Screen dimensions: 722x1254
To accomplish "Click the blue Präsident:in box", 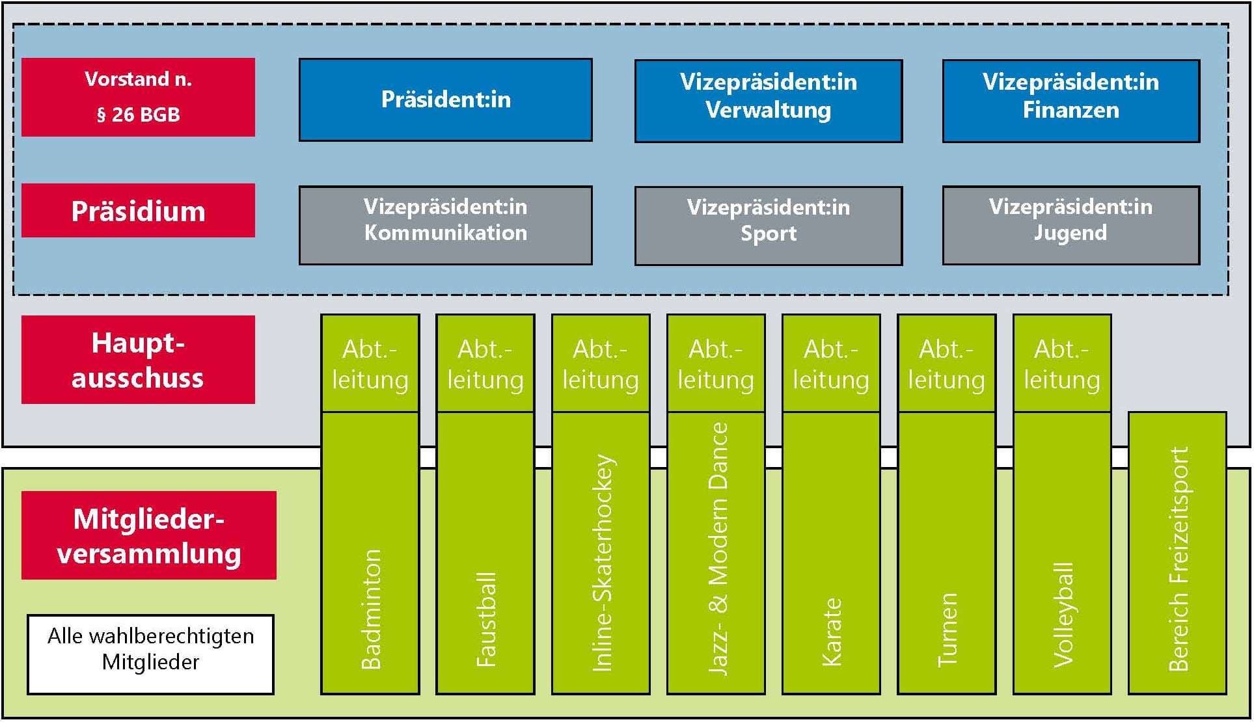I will [x=446, y=100].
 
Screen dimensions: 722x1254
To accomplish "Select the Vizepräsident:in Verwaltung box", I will [x=769, y=101].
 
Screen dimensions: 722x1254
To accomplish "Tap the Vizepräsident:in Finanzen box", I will [x=1070, y=101].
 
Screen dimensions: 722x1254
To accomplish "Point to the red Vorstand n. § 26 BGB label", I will [x=138, y=97].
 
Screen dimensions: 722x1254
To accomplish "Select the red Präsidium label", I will [x=138, y=211].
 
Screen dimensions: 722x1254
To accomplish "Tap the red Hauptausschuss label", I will [x=138, y=360].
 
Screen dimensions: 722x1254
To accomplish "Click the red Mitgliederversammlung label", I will [x=149, y=535].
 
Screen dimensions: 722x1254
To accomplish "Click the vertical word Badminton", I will [x=371, y=609].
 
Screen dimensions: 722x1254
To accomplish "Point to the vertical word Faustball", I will [x=486, y=619].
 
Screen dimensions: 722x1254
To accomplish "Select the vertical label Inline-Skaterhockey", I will [x=602, y=563].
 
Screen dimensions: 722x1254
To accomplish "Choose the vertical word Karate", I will [x=832, y=632].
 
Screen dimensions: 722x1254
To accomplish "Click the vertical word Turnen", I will [x=947, y=630].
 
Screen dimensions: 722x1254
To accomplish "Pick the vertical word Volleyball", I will [x=1063, y=615].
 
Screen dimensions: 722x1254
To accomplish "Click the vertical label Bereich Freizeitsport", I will [x=1179, y=558].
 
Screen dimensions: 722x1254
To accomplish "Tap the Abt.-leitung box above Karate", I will [x=831, y=364].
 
